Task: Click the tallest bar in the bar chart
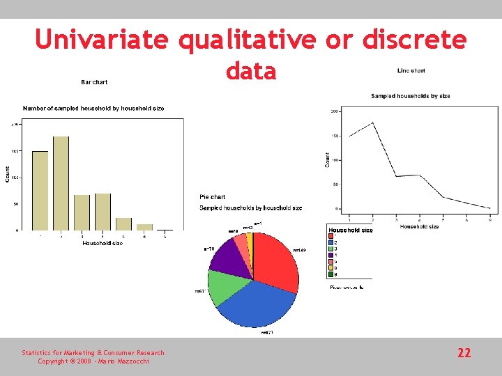point(61,182)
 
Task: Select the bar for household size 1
point(40,190)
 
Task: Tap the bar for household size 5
point(123,224)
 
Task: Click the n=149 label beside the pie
point(300,250)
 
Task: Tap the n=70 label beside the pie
point(209,249)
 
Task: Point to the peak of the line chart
point(373,123)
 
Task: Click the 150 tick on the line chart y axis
point(335,136)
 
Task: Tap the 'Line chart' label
point(411,70)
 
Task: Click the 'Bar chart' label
point(94,82)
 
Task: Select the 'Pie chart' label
point(213,197)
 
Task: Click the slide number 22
point(464,353)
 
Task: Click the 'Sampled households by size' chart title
point(411,96)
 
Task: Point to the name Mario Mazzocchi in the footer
point(124,361)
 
